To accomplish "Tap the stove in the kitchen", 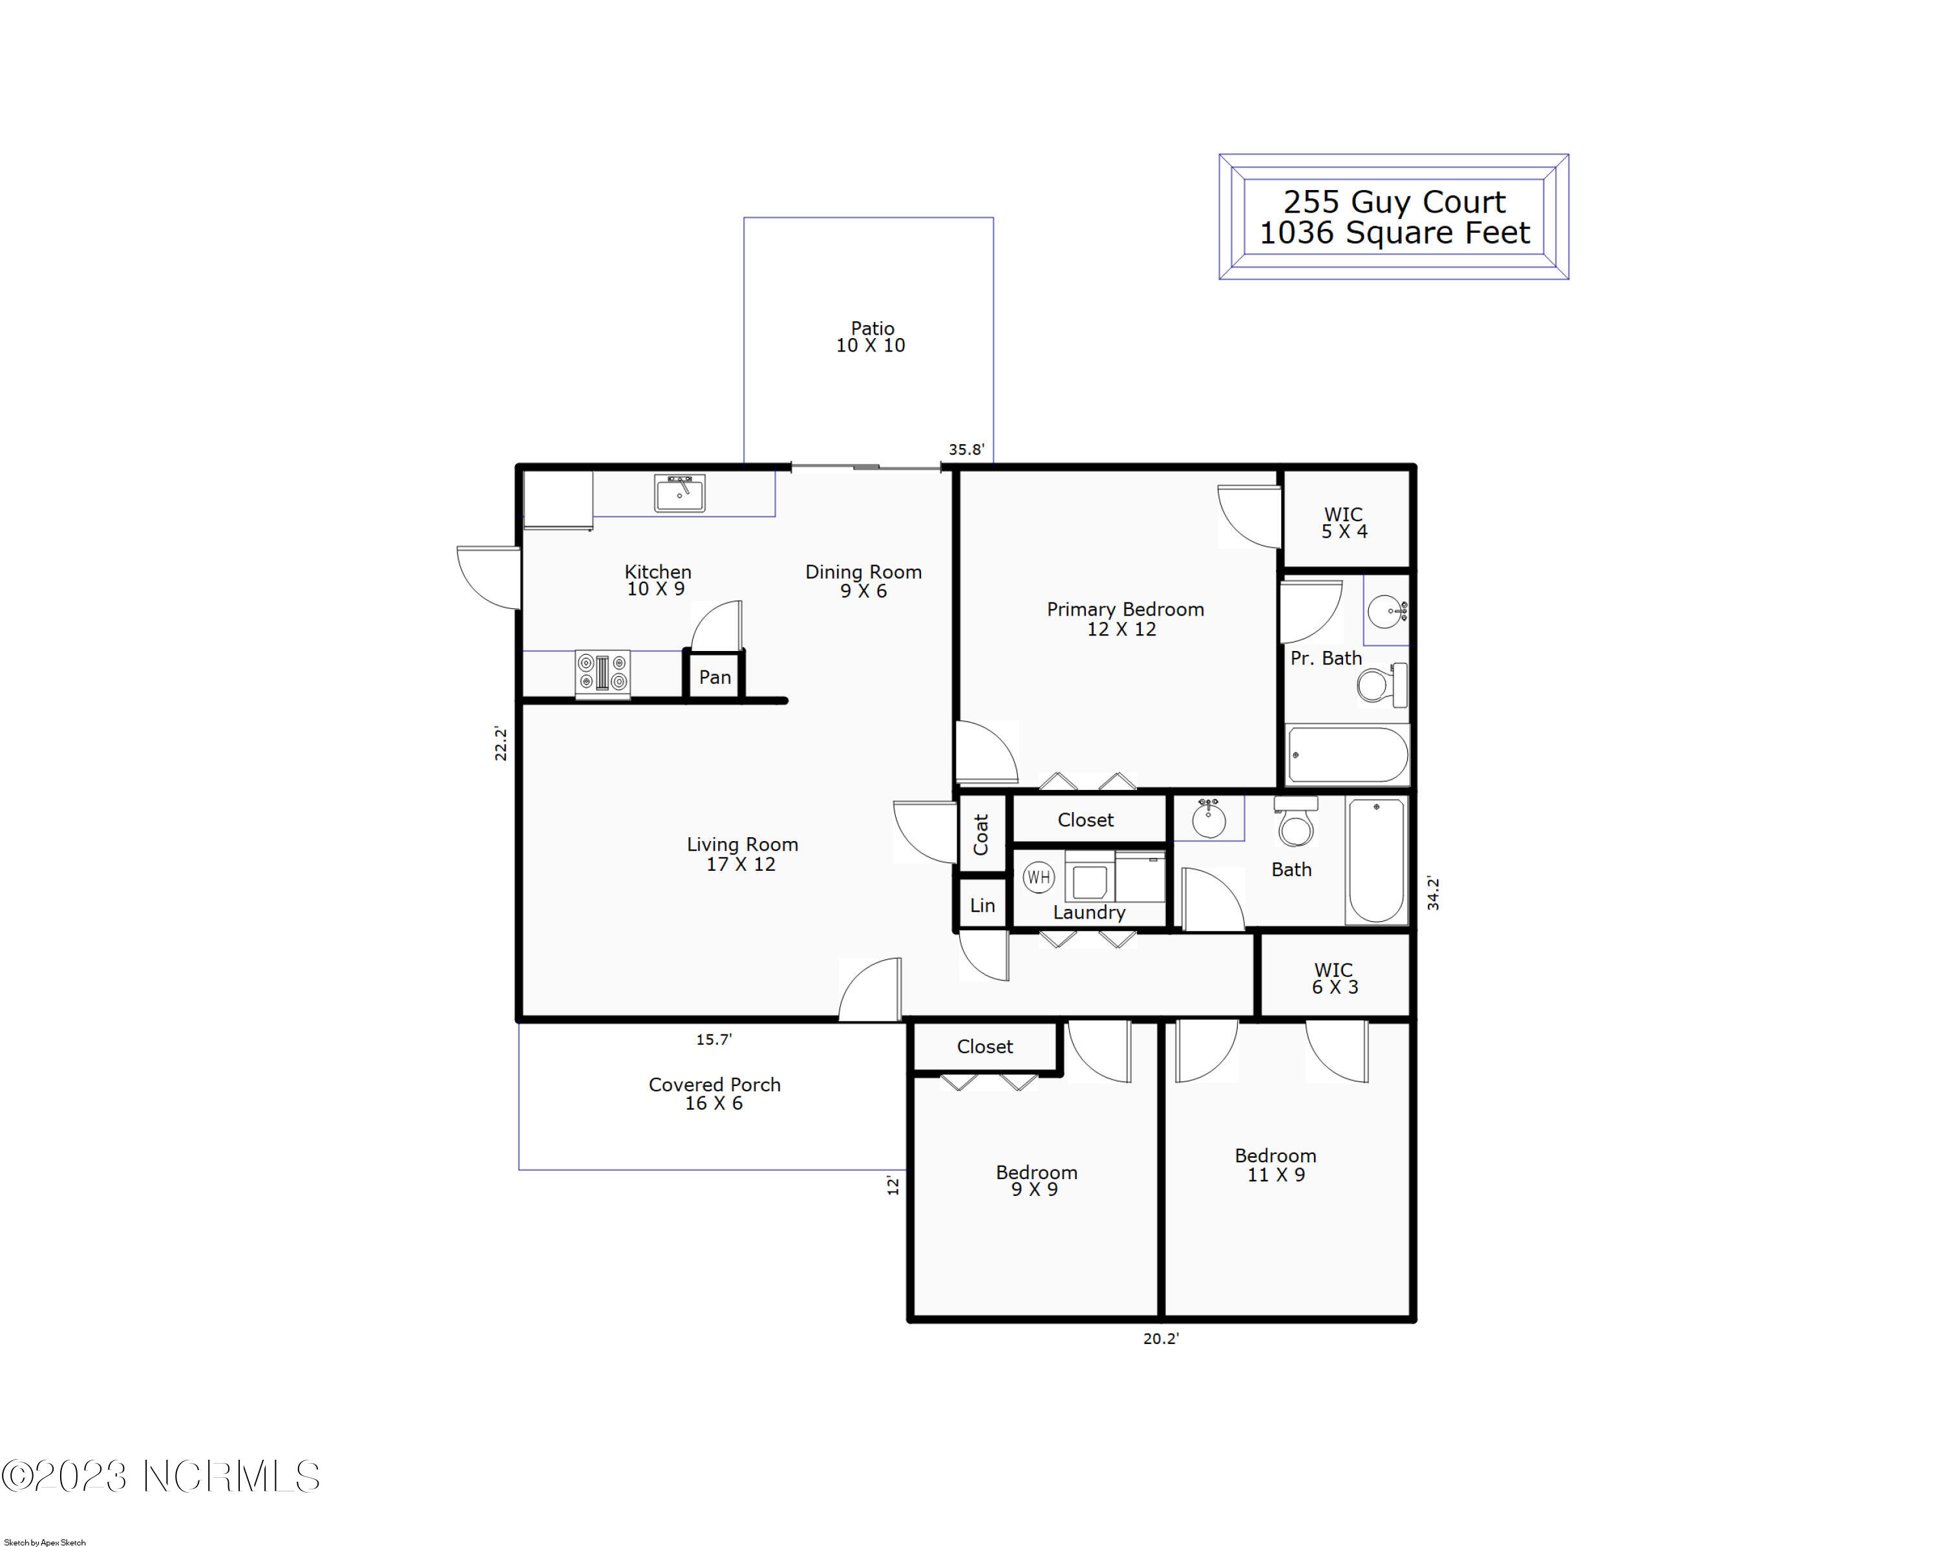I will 602,674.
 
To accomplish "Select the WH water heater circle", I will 1038,877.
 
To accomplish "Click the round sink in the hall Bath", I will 1208,818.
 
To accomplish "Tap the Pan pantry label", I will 715,677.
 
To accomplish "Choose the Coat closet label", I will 980,834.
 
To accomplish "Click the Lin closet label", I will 982,906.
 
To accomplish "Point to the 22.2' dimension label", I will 501,744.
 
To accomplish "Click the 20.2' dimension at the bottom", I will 1160,1338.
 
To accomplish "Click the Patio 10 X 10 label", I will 871,336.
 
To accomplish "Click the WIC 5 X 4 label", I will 1344,522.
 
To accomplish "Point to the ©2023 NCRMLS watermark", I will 160,1476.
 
